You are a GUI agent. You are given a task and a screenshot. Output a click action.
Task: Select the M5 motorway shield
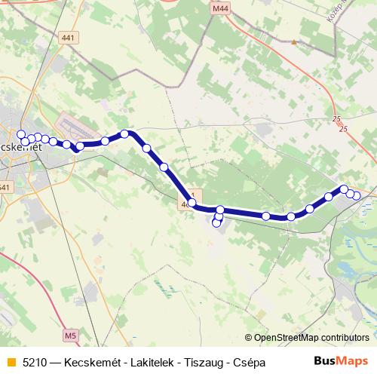click(71, 334)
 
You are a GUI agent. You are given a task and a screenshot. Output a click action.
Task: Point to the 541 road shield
click(5, 187)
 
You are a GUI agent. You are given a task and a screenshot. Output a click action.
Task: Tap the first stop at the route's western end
click(21, 134)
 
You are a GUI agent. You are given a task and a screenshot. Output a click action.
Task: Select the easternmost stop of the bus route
click(357, 196)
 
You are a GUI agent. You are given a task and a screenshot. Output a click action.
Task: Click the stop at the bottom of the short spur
click(216, 223)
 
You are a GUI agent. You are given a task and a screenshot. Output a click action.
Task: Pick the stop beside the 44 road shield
click(192, 202)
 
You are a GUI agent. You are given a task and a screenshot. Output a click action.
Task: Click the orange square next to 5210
click(10, 363)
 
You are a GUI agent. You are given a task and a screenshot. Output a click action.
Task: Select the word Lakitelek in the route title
click(139, 363)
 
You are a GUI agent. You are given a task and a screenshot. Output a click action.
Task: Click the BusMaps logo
click(341, 362)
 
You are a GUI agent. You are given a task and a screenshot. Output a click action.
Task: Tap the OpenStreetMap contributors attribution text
click(311, 337)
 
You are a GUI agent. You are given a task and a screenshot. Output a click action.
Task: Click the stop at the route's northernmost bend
click(125, 134)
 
